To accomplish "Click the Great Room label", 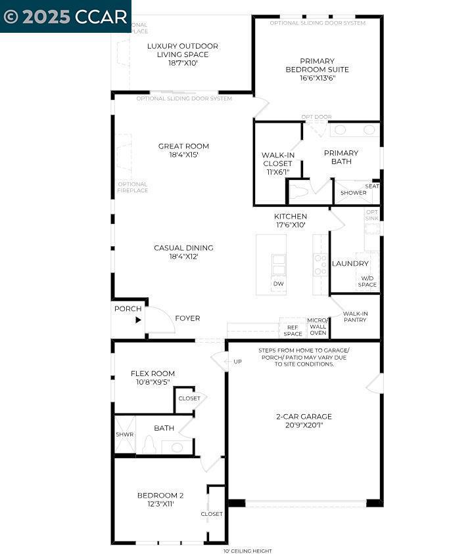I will [183, 146].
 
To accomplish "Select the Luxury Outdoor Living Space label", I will [182, 50].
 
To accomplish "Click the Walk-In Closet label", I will [278, 160].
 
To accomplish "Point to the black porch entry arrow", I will [138, 320].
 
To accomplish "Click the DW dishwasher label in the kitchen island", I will [278, 284].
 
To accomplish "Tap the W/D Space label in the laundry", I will [367, 281].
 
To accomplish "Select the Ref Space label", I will [293, 330].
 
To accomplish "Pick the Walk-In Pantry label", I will [355, 317].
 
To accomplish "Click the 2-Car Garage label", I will [303, 416].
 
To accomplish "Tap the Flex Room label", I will [153, 373].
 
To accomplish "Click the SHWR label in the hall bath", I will [124, 434].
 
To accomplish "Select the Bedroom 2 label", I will [160, 495].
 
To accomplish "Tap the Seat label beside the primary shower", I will [372, 186].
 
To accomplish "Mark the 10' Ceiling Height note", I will [247, 551].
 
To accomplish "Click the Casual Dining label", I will [183, 248].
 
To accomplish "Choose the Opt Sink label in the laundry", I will [372, 215].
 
